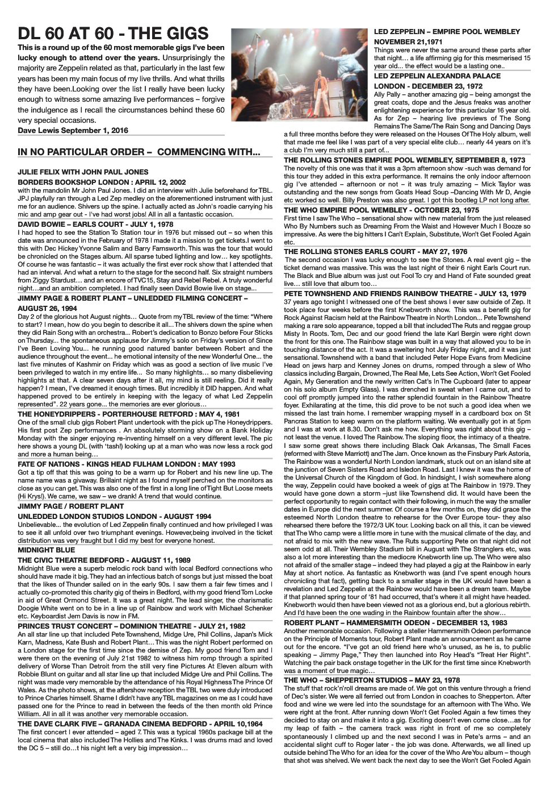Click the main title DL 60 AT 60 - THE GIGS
(x=113, y=32)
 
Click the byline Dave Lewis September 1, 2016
(x=73, y=130)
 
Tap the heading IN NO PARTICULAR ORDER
(x=139, y=152)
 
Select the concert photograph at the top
(x=300, y=74)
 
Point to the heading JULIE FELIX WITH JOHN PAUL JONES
(x=83, y=172)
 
